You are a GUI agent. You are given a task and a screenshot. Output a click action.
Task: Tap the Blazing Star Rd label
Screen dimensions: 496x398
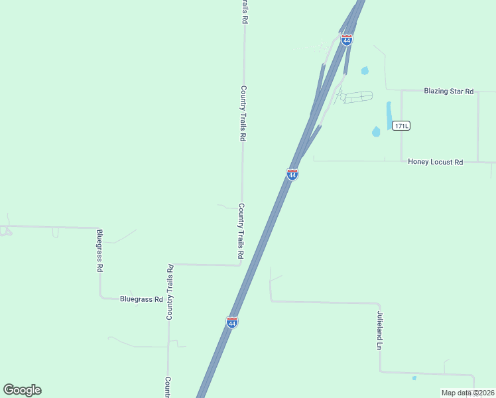click(x=449, y=91)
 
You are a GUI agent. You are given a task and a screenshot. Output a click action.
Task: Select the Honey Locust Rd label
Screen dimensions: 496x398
click(x=435, y=161)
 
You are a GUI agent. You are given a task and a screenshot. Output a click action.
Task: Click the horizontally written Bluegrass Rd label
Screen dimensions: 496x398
click(x=141, y=299)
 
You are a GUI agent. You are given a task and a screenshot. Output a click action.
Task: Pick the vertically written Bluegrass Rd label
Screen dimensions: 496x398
click(x=100, y=251)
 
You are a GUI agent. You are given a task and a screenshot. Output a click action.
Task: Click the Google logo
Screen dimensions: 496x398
click(x=23, y=390)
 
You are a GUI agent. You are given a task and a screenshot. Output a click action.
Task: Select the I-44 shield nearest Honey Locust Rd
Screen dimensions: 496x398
click(x=292, y=174)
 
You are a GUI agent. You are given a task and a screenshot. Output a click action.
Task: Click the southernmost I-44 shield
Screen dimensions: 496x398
click(x=232, y=322)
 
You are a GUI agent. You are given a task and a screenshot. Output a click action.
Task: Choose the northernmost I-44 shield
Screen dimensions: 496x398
click(x=346, y=40)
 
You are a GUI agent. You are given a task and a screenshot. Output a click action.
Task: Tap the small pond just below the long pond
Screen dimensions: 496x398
click(x=377, y=131)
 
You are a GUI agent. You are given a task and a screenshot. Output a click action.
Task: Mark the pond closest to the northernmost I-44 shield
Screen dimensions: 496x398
click(x=365, y=70)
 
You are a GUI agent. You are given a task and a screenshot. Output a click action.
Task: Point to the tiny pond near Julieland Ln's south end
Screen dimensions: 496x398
click(x=414, y=378)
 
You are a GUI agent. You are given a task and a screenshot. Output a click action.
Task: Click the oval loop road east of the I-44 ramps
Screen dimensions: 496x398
click(x=355, y=97)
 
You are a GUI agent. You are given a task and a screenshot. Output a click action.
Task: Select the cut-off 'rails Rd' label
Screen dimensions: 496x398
click(x=244, y=12)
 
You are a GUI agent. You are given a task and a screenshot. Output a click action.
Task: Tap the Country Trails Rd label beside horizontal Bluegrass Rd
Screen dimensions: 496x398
click(x=170, y=292)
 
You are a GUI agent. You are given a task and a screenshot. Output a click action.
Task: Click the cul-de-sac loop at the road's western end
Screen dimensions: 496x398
click(x=5, y=231)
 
